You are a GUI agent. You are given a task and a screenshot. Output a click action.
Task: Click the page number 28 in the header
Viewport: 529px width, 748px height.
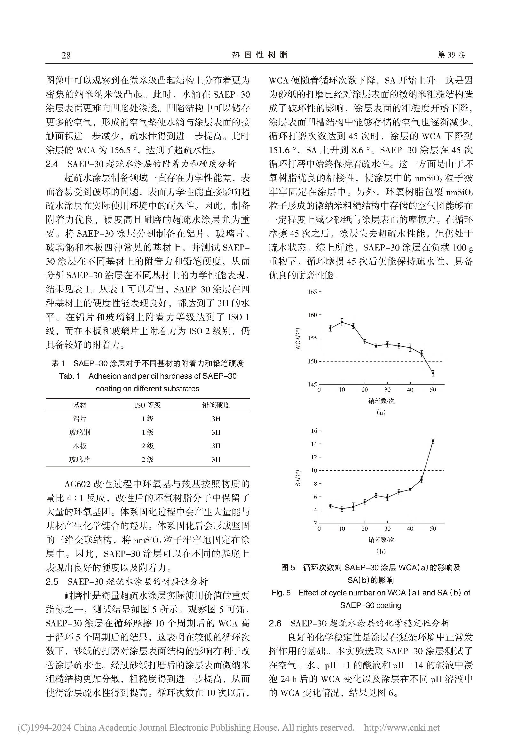66,55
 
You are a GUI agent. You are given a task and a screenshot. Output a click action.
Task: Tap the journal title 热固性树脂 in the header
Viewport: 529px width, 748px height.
260,55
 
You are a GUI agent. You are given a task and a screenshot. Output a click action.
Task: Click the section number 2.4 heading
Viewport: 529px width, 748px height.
52,164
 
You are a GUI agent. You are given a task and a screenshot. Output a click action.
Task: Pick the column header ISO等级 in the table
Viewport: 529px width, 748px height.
147,405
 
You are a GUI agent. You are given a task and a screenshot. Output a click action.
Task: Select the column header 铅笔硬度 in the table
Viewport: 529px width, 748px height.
216,405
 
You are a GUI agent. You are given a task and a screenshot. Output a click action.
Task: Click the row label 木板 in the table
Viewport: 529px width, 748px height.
80,446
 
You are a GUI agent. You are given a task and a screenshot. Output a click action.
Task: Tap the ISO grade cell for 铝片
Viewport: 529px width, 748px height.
147,419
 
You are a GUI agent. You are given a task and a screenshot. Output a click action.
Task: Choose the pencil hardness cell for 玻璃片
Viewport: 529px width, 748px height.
216,460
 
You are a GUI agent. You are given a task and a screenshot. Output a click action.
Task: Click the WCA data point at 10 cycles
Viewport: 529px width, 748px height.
342,322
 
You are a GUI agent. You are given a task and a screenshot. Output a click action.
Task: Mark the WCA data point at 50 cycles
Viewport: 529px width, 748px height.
433,373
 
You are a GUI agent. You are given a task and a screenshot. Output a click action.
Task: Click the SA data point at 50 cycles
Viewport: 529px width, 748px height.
433,441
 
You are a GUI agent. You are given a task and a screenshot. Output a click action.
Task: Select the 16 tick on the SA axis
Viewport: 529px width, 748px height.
314,431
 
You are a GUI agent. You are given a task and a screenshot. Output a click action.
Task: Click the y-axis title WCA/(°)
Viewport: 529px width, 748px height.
298,338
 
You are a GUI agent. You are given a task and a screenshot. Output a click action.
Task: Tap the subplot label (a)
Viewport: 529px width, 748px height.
381,412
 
